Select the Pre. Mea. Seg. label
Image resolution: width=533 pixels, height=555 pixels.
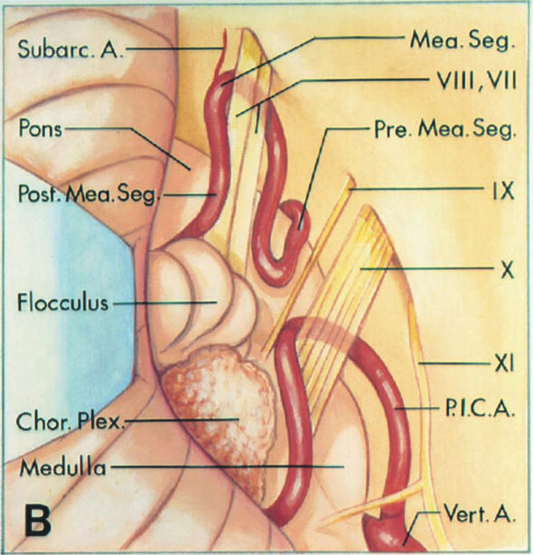coord(444,130)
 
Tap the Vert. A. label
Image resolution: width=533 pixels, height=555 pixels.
coord(480,515)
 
